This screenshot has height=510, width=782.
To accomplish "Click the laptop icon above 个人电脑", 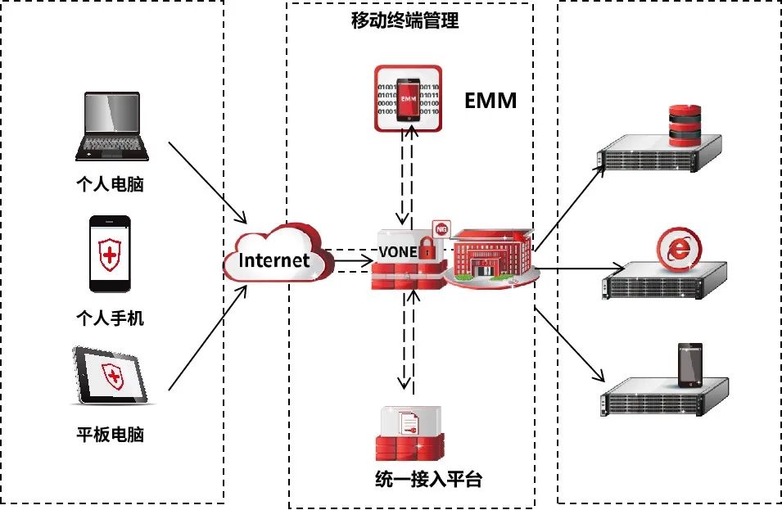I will point(113,126).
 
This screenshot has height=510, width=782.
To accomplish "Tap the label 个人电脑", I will point(110,184).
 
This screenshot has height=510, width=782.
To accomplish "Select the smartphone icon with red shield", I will point(110,254).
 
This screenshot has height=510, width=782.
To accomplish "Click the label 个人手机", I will point(110,318).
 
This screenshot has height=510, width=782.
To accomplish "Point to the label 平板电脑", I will point(110,435).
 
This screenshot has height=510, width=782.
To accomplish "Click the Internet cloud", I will point(275,260).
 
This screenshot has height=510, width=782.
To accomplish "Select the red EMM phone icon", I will point(408,98).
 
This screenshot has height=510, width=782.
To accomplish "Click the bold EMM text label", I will point(490,101).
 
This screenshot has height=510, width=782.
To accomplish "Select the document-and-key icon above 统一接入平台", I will point(409,423).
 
